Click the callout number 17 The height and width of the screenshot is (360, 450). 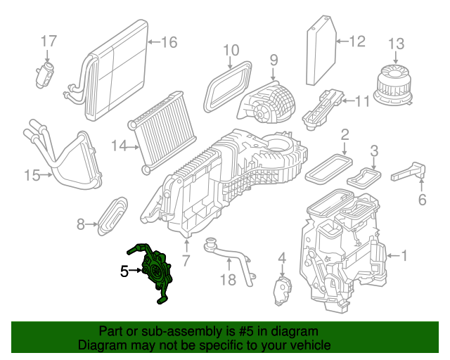click(x=47, y=41)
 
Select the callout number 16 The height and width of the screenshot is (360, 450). click(x=169, y=43)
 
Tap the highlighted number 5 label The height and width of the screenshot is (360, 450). click(x=124, y=271)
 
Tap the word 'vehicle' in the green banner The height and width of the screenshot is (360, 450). click(x=306, y=346)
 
